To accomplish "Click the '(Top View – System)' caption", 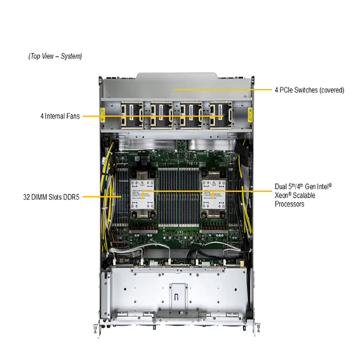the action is point(55,56).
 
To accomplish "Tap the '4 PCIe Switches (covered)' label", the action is point(309,90).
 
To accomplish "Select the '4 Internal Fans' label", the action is point(60,116).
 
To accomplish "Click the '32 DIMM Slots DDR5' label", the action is point(51,197).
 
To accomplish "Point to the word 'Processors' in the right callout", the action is point(289,204).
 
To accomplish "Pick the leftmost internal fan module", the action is point(132,115).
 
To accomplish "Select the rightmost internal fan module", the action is point(221,115).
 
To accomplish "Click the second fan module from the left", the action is point(161,115).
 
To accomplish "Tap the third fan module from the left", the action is point(191,115).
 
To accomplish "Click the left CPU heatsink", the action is point(142,195).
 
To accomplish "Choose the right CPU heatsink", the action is point(214,195).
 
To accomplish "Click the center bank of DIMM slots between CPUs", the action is point(178,197).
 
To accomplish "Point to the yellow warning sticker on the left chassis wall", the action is point(103,115).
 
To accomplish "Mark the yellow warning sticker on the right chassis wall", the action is point(250,115).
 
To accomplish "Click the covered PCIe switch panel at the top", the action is point(176,86).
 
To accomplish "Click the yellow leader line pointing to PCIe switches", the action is point(222,90).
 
